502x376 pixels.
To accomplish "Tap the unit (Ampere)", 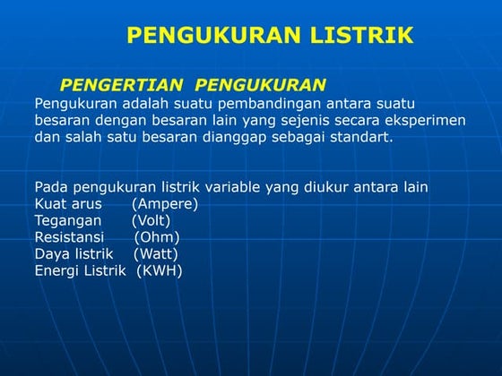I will click(165, 203).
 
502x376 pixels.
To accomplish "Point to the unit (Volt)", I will click(151, 220).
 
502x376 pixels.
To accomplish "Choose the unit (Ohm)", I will click(157, 237).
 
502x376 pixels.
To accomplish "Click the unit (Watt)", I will click(156, 254).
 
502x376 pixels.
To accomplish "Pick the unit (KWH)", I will click(160, 271).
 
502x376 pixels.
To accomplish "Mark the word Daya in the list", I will click(51, 254).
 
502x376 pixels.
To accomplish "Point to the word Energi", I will click(56, 271).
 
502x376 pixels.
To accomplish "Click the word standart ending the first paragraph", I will click(362, 138).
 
